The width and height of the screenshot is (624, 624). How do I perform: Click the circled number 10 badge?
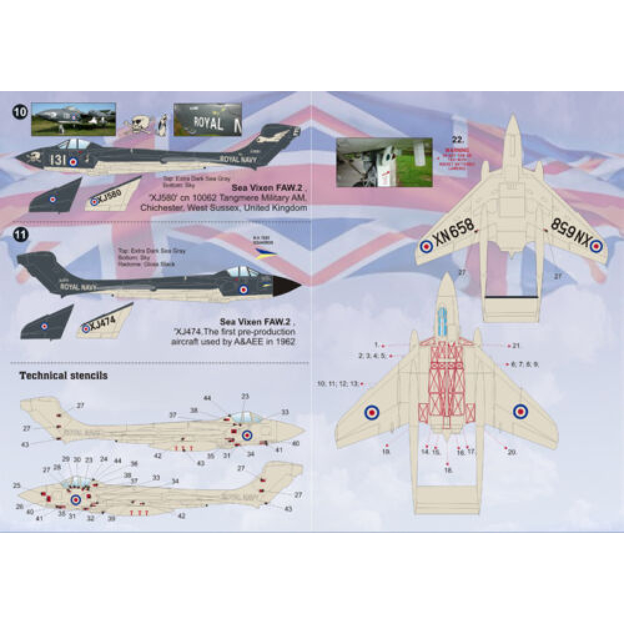click(20, 112)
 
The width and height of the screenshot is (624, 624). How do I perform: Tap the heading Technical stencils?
click(64, 376)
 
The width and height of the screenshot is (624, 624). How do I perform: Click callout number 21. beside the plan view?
click(515, 345)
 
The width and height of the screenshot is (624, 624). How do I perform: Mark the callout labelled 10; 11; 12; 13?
click(338, 384)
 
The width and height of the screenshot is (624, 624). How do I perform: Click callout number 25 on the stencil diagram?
click(16, 485)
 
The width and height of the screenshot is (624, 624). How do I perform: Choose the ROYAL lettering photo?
click(205, 121)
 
